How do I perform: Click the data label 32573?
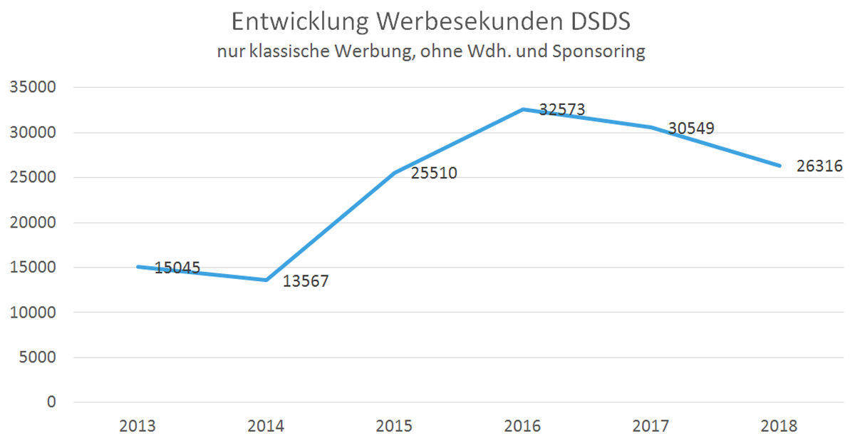click(561, 110)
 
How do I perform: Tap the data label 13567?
click(305, 281)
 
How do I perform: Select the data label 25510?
click(433, 173)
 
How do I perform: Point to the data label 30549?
click(690, 128)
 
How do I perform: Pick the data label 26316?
click(819, 166)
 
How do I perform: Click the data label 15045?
click(177, 268)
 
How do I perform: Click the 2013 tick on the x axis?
click(138, 427)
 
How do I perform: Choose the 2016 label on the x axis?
click(523, 427)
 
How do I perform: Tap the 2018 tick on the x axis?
click(779, 427)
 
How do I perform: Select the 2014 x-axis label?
click(266, 427)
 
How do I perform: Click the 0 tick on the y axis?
click(51, 402)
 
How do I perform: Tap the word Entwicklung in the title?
click(300, 22)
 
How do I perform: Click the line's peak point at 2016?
click(523, 109)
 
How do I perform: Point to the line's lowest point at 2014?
click(266, 280)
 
